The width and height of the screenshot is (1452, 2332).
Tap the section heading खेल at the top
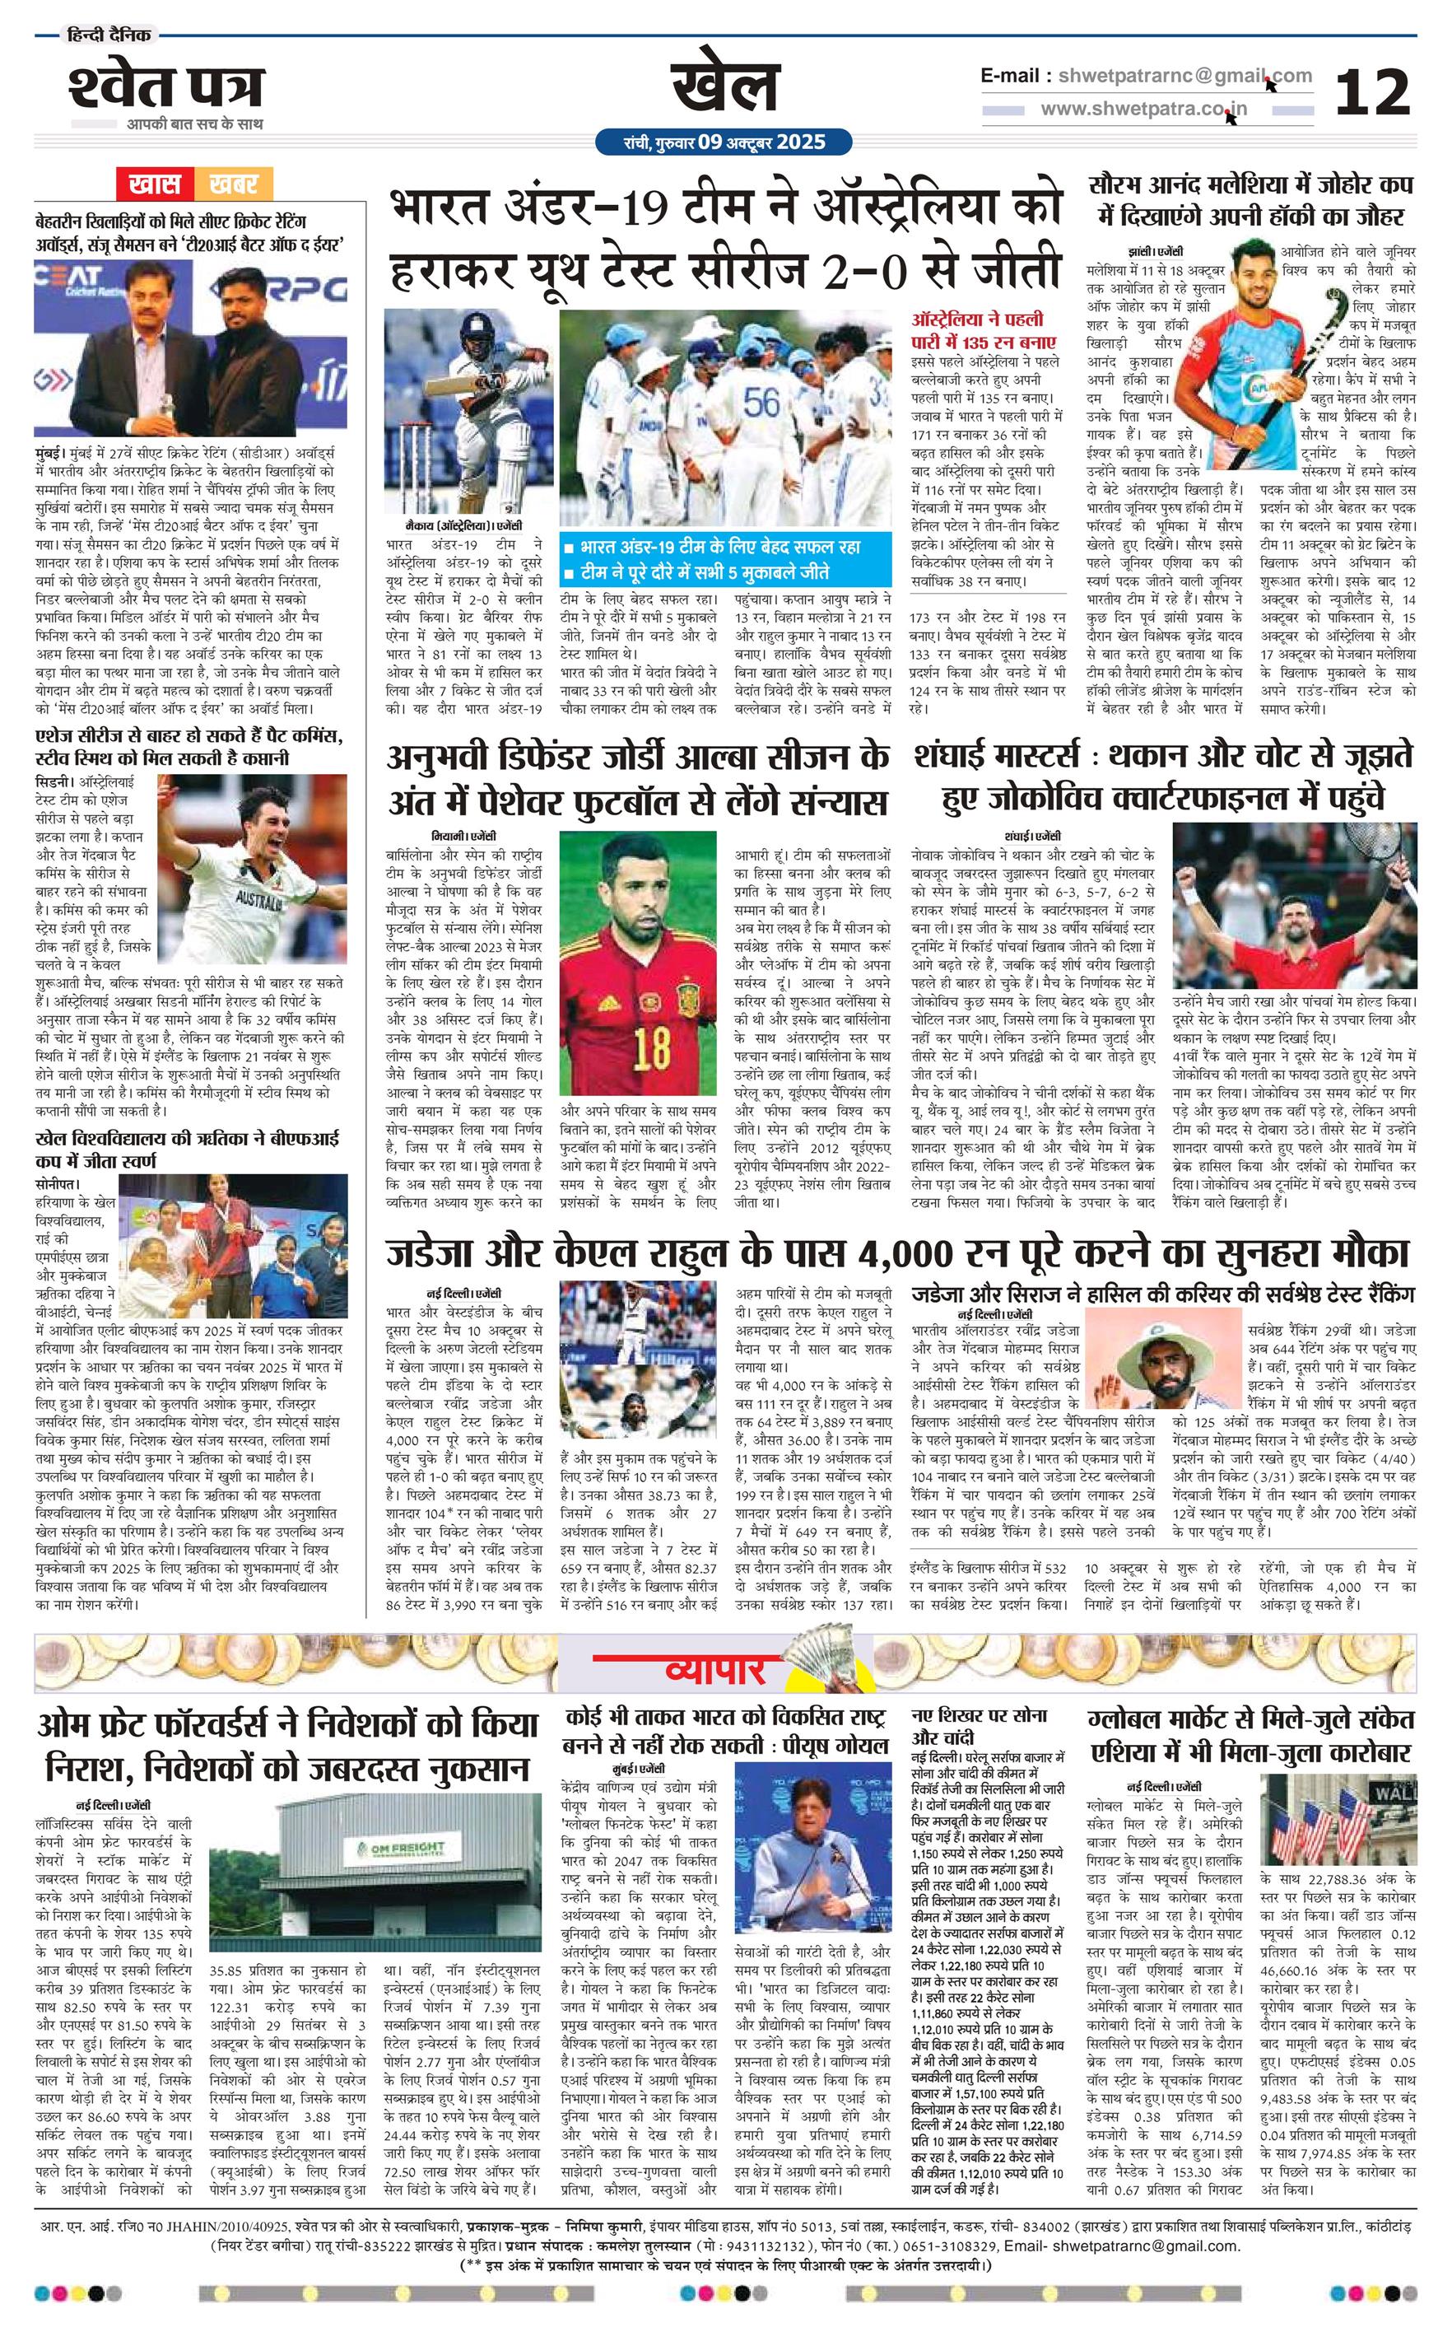click(x=724, y=88)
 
